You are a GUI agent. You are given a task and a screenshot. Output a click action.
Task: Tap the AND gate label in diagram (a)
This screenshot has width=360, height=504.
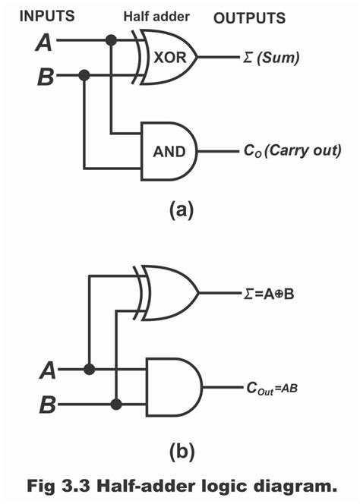coord(169,151)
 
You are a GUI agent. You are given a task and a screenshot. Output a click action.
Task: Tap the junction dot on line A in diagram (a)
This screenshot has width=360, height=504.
coord(112,40)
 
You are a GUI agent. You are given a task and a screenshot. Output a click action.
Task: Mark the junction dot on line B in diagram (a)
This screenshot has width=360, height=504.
coord(84,75)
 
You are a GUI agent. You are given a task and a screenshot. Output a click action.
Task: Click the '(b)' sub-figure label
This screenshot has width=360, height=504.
coord(180,453)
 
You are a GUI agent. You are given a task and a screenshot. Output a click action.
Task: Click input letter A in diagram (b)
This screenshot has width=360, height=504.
coord(47,370)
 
